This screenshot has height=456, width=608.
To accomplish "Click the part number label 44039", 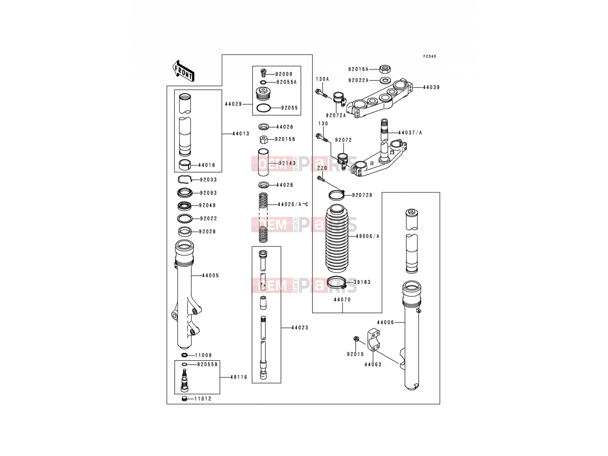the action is [x=431, y=87].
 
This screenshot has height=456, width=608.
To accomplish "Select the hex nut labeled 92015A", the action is [x=385, y=68].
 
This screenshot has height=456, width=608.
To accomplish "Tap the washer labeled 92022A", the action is [x=385, y=81].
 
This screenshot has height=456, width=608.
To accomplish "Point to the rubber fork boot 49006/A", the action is [x=337, y=238].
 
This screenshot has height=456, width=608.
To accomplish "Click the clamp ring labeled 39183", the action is [x=337, y=283].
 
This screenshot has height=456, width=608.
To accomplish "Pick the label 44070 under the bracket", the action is [x=342, y=299].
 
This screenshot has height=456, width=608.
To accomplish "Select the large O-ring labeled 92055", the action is [x=263, y=108].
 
